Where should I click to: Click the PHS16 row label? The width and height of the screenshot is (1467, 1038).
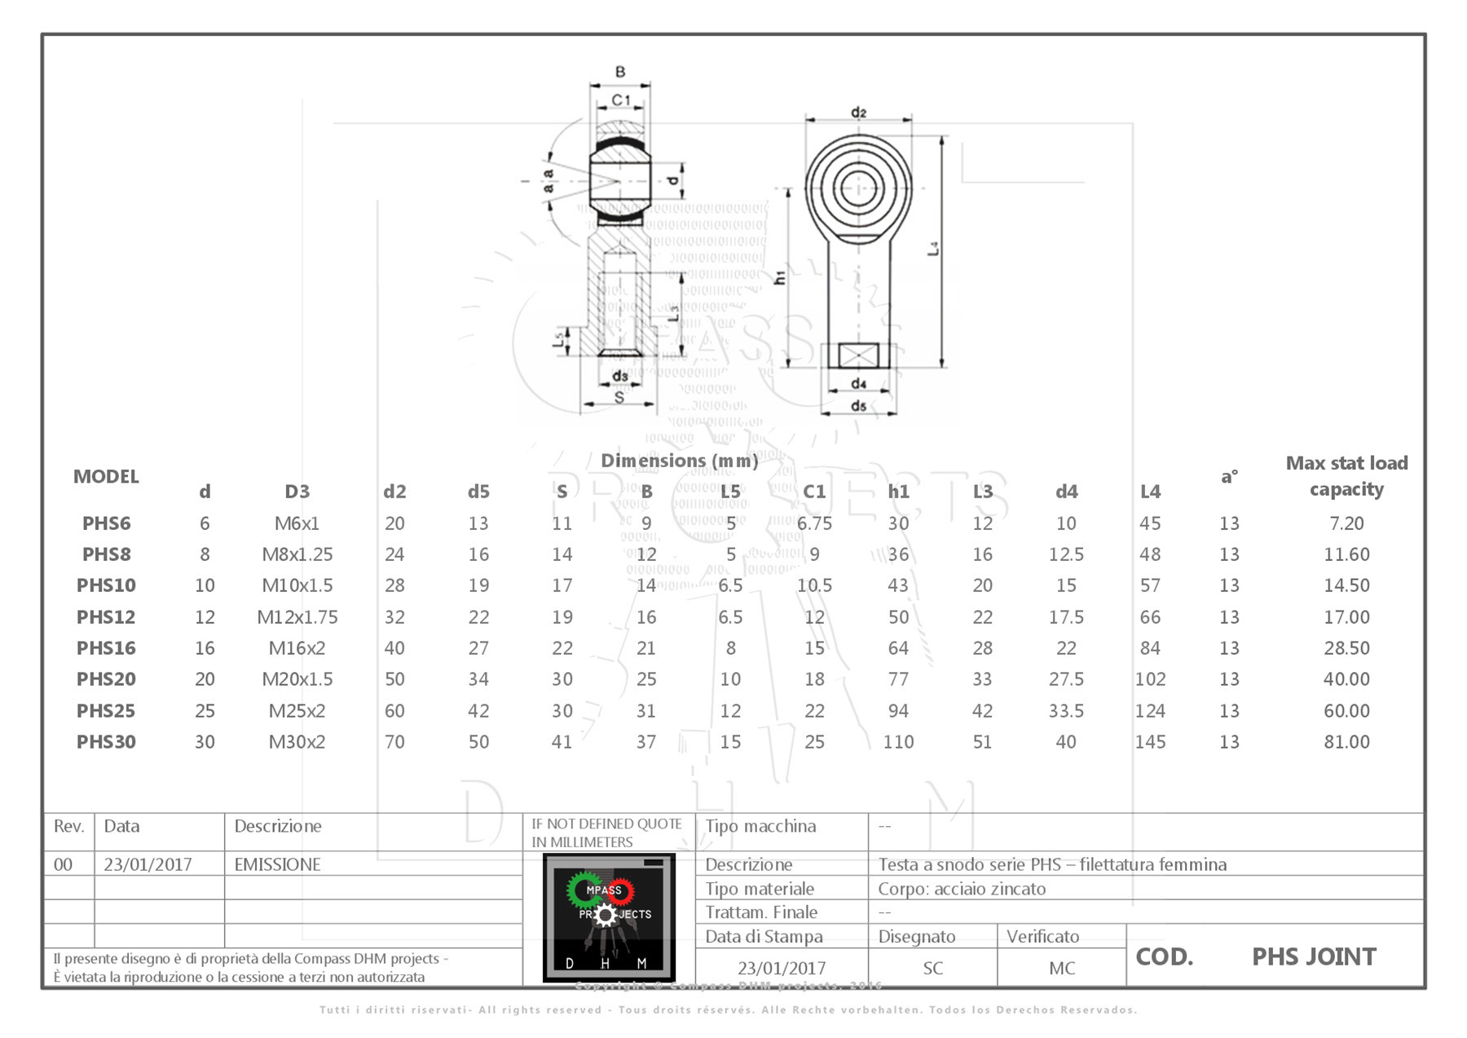(106, 648)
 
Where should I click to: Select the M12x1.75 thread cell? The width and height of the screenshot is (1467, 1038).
(297, 617)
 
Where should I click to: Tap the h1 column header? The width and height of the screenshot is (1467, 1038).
(898, 492)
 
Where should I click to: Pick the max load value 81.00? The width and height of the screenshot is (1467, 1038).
(1346, 742)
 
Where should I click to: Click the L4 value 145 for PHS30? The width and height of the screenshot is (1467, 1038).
(1149, 742)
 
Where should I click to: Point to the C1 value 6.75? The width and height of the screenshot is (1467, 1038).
(814, 523)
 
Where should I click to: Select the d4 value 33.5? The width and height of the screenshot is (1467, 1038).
(1065, 711)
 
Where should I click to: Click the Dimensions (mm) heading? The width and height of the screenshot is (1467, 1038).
(679, 461)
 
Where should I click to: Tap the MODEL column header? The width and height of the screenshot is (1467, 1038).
(106, 476)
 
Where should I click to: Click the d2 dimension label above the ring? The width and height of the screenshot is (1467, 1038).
(858, 112)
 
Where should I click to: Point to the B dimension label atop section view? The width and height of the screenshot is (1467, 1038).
(620, 72)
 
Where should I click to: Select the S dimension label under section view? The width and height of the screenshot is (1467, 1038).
(619, 397)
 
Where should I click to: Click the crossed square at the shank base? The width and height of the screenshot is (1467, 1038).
(858, 356)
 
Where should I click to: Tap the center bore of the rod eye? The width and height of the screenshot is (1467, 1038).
(858, 188)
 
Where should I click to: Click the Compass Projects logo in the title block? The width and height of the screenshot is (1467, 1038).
(609, 917)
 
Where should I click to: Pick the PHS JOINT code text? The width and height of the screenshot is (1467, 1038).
(1313, 956)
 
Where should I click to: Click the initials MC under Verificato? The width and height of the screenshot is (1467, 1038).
(1061, 968)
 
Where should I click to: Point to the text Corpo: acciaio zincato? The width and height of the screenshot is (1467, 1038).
(961, 889)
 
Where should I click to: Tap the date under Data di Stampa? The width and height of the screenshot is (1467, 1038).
(781, 968)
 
